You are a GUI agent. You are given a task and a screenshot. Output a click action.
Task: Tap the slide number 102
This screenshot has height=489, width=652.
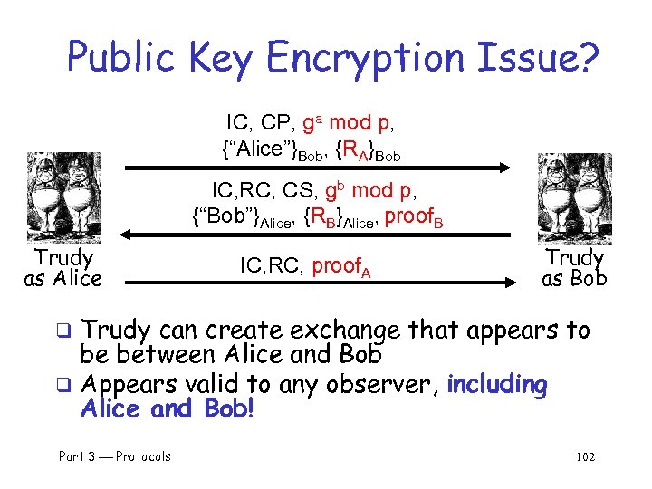click(586, 456)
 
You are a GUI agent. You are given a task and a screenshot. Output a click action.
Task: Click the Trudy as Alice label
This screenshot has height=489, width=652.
click(63, 269)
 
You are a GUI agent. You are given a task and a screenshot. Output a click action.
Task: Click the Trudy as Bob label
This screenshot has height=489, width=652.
click(574, 269)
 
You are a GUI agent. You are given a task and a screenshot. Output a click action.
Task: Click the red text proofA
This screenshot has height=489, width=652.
click(341, 266)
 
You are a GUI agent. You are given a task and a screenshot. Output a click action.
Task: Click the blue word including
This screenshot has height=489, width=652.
click(497, 385)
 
